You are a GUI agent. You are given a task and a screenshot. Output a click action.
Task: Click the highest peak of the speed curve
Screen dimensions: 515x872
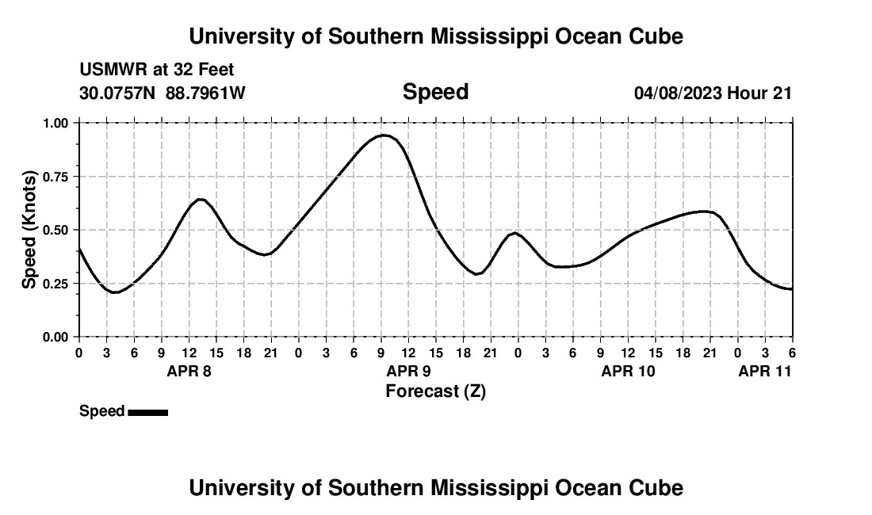pyautogui.click(x=384, y=135)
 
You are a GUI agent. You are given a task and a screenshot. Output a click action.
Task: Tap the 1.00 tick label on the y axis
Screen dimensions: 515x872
pyautogui.click(x=56, y=124)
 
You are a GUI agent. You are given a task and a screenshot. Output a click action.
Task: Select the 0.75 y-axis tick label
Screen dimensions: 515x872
pyautogui.click(x=56, y=177)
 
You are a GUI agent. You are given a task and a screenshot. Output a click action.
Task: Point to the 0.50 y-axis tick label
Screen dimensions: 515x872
pyautogui.click(x=56, y=230)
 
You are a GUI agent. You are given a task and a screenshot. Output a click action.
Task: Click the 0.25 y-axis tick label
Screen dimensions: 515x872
pyautogui.click(x=56, y=284)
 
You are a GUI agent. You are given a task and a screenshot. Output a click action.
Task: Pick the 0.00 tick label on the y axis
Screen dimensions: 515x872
pyautogui.click(x=56, y=337)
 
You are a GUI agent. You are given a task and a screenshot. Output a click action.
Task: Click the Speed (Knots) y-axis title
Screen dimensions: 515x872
pyautogui.click(x=29, y=230)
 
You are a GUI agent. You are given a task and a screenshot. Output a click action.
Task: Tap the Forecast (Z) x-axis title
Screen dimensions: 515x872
pyautogui.click(x=435, y=391)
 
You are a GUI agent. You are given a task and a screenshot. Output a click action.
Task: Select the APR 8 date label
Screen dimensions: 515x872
pyautogui.click(x=189, y=371)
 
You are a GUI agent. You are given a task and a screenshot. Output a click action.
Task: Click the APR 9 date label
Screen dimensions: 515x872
pyautogui.click(x=407, y=371)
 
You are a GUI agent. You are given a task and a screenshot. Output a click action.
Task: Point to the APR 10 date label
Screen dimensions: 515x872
pyautogui.click(x=628, y=371)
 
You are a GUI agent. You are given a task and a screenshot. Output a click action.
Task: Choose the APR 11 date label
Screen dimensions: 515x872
pyautogui.click(x=765, y=371)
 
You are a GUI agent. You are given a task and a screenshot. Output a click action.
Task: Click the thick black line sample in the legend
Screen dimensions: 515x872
pyautogui.click(x=147, y=412)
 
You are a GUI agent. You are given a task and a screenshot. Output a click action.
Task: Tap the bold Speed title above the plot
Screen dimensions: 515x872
pyautogui.click(x=435, y=92)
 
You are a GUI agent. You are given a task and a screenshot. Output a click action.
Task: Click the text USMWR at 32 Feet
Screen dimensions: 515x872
pyautogui.click(x=157, y=70)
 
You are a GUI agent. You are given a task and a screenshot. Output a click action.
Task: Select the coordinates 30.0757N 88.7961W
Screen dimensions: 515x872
pyautogui.click(x=163, y=93)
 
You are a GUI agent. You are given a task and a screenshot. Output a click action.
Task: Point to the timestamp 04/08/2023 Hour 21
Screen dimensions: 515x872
pyautogui.click(x=713, y=93)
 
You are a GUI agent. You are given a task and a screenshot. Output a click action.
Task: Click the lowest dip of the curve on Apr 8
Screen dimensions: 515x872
pyautogui.click(x=116, y=292)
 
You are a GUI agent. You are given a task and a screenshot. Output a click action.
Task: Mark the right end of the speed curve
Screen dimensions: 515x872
pyautogui.click(x=792, y=289)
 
